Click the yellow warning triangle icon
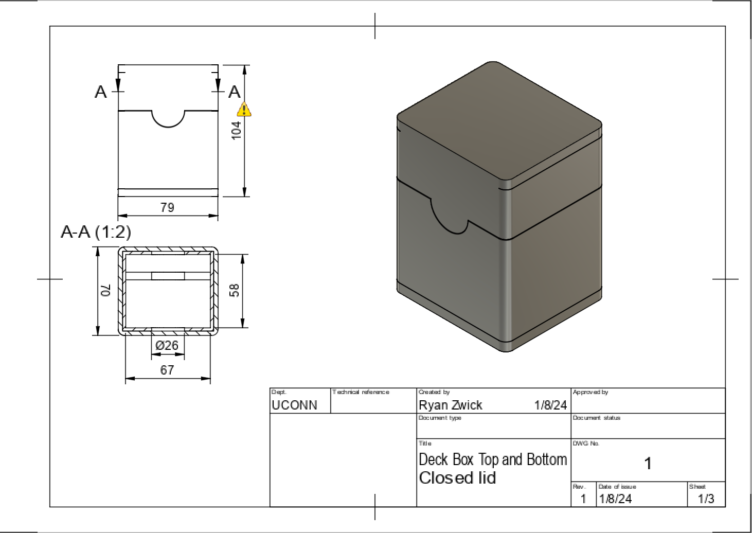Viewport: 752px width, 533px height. point(244,110)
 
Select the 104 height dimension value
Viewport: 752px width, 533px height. point(236,130)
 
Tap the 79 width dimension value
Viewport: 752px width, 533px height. point(167,207)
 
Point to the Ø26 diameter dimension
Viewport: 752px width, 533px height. point(167,345)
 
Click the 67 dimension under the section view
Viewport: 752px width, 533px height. point(167,370)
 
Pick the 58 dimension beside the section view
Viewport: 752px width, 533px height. point(235,290)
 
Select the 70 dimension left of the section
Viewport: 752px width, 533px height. point(105,291)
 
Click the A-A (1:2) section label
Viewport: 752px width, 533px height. point(96,232)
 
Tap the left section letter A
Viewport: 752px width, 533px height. point(101,92)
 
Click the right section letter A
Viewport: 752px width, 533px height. point(235,92)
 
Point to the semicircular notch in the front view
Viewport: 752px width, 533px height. point(168,118)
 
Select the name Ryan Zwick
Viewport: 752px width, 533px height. point(450,405)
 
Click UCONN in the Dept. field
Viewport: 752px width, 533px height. point(294,405)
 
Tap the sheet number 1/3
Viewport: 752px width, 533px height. point(706,499)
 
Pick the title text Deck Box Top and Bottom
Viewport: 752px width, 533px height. point(493,460)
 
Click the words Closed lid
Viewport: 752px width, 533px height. point(457,478)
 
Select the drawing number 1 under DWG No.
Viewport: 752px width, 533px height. point(648,464)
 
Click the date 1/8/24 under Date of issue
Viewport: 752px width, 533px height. point(615,499)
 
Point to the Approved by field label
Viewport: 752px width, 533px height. point(590,392)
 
